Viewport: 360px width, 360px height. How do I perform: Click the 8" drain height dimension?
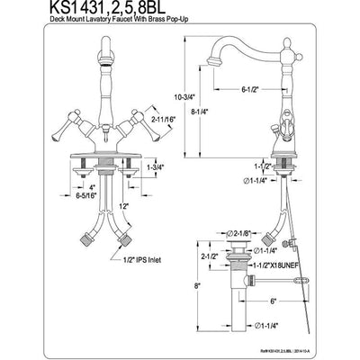tap(196, 286)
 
